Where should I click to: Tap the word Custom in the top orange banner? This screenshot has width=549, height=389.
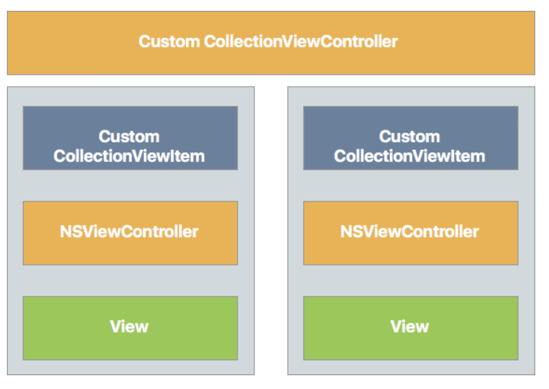168,41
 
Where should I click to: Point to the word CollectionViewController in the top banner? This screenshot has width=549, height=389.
301,41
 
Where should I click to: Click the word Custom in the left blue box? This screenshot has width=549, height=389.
129,136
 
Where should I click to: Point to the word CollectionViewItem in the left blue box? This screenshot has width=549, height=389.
129,156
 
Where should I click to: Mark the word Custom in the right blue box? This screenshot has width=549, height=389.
410,136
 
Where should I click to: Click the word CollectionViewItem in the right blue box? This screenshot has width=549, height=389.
410,156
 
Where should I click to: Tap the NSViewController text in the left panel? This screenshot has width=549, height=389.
129,231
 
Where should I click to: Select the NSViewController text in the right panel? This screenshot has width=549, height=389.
410,231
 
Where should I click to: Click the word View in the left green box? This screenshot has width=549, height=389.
129,327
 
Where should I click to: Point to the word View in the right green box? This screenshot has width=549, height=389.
410,327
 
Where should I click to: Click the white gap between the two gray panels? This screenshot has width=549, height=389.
271,231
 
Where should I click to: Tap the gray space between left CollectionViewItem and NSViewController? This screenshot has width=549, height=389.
130,186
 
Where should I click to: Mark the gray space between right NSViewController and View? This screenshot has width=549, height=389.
411,280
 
